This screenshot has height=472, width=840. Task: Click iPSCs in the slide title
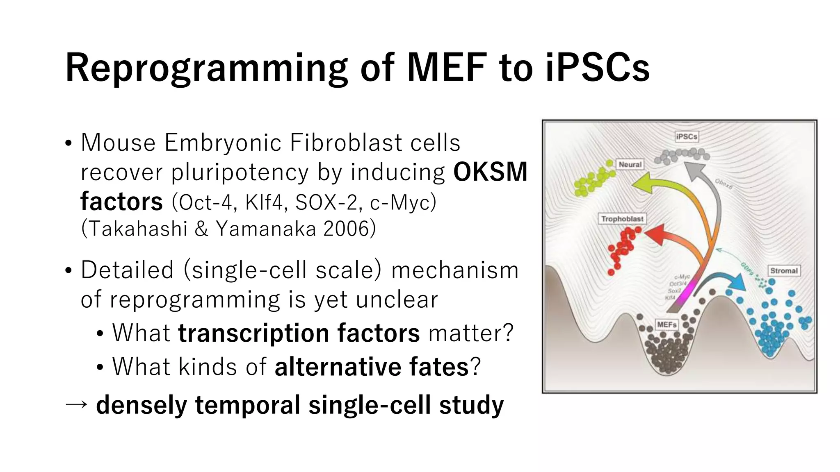(598, 68)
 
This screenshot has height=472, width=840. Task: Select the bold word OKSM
(490, 172)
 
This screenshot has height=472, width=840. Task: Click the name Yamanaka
(266, 229)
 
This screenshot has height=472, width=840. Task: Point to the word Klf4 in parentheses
(264, 202)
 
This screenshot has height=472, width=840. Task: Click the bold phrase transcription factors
(299, 333)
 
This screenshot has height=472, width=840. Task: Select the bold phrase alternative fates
(371, 367)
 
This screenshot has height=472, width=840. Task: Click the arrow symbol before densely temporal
(77, 405)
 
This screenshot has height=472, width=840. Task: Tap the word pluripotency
(240, 172)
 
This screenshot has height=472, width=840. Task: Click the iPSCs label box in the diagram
(687, 136)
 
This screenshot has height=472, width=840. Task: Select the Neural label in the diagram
(630, 164)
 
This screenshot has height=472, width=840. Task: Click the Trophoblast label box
(622, 219)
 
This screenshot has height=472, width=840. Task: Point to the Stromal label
(783, 270)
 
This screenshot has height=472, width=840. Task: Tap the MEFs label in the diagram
(667, 324)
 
